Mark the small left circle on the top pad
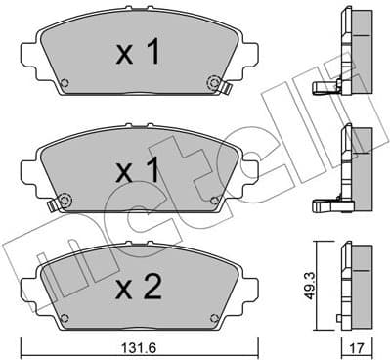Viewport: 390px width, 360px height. [65, 82]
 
